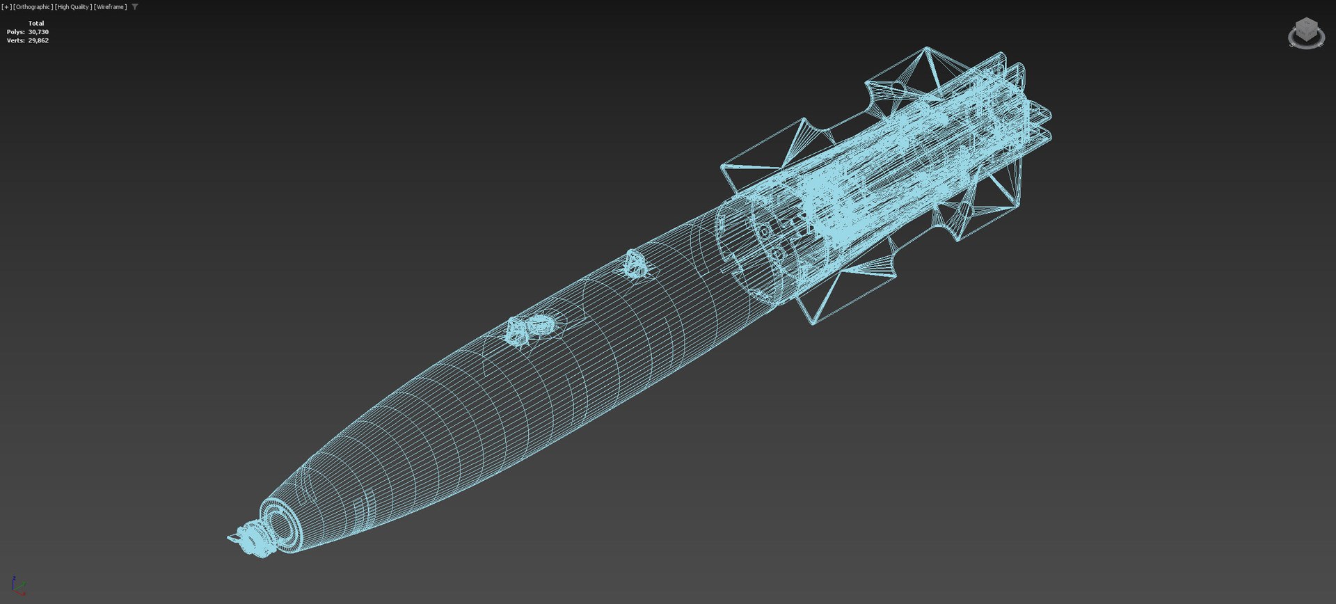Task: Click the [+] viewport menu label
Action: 6,7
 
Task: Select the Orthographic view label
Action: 33,7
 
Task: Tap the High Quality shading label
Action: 73,7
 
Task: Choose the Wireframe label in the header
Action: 110,7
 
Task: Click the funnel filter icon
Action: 135,7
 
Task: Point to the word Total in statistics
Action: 36,23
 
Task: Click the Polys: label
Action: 15,32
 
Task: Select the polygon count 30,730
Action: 38,32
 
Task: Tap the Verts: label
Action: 15,40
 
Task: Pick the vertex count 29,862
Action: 38,40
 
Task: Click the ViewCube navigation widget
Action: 1306,33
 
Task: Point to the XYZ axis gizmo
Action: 18,585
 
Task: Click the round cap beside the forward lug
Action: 539,324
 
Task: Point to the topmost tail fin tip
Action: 926,48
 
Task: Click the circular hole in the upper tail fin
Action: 898,88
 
